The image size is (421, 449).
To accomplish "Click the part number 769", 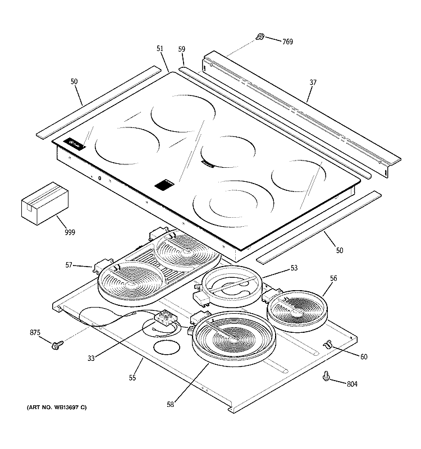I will (x=287, y=42).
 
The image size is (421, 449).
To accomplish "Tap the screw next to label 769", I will (x=260, y=36).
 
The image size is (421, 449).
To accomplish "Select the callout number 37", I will (x=313, y=83).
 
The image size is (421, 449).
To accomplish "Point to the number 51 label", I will (x=160, y=49).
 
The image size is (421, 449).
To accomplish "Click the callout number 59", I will (x=181, y=49).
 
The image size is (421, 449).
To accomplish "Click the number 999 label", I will (x=70, y=232).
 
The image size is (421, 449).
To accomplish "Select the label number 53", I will (x=294, y=268).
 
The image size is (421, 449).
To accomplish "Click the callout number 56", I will (x=333, y=278).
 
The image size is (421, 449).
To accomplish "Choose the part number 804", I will (x=352, y=384).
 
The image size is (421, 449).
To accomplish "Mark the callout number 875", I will (x=35, y=333).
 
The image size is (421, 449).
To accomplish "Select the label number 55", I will (x=132, y=378).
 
